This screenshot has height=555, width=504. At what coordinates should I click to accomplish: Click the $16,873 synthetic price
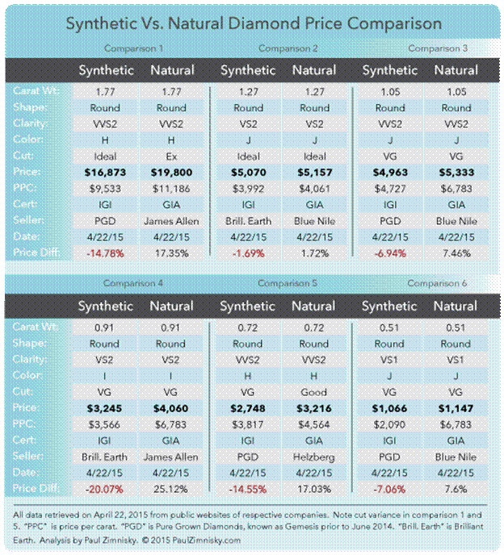point(106,171)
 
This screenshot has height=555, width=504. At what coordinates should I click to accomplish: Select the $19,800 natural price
point(172,171)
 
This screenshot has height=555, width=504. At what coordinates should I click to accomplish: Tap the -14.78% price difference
point(106,252)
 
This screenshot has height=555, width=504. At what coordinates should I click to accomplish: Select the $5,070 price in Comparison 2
point(247,171)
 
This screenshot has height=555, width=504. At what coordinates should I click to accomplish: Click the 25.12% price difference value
point(172,489)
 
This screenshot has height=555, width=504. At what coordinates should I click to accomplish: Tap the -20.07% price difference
point(106,489)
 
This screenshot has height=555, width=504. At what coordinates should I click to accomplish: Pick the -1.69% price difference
point(247,252)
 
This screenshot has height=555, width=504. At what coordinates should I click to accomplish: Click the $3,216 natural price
point(314,407)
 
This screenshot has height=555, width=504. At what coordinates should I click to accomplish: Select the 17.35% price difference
point(172,252)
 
